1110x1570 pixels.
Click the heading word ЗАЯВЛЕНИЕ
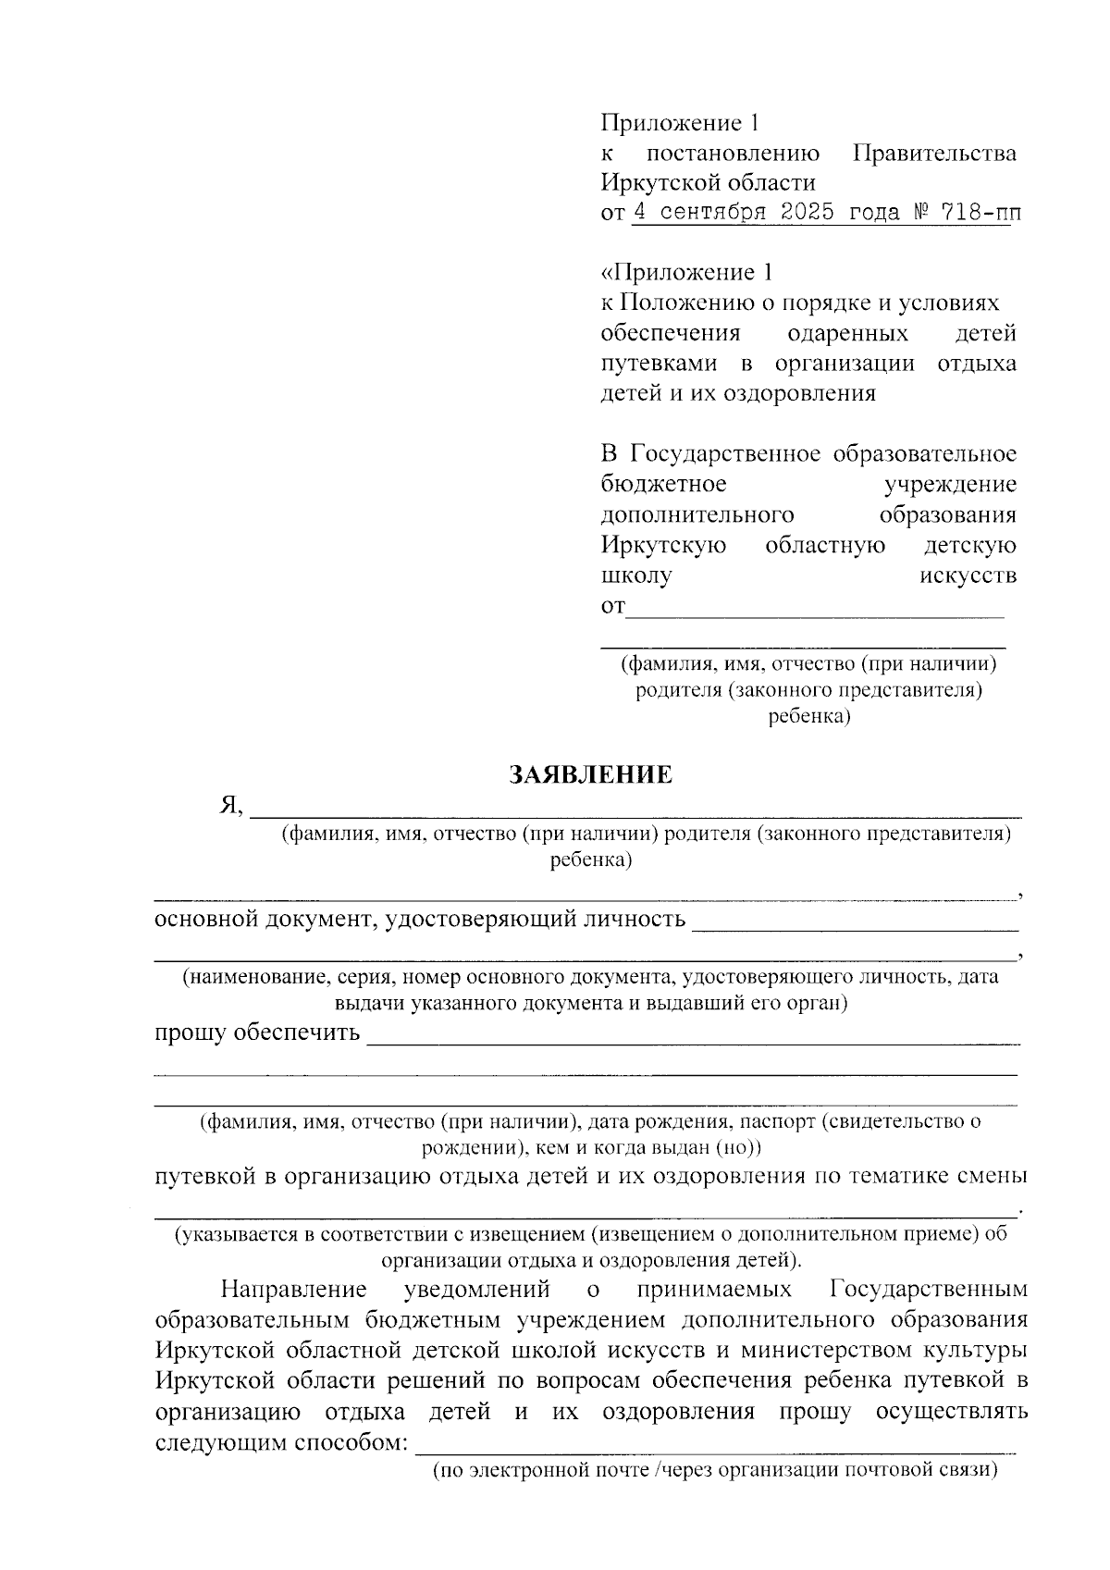pyautogui.click(x=591, y=775)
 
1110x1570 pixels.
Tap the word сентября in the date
pyautogui.click(x=711, y=213)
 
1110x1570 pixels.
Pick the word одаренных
pyautogui.click(x=847, y=333)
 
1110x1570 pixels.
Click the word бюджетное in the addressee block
pyautogui.click(x=663, y=484)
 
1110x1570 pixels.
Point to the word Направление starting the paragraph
pyautogui.click(x=294, y=1289)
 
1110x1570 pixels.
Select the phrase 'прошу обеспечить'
pyautogui.click(x=257, y=1032)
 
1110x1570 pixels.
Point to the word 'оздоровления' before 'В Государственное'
pyautogui.click(x=795, y=393)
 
